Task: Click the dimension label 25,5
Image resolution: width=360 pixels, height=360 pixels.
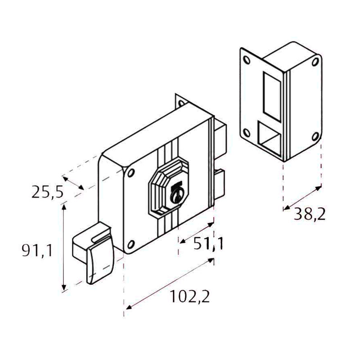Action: pyautogui.click(x=47, y=192)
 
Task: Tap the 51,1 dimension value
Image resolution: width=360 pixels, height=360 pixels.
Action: pyautogui.click(x=209, y=243)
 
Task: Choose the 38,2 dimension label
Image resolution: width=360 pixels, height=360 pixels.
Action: pyautogui.click(x=310, y=214)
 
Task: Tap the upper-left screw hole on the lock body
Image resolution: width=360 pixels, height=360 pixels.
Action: pyautogui.click(x=131, y=174)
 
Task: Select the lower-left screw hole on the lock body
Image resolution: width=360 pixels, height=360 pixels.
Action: pyautogui.click(x=131, y=244)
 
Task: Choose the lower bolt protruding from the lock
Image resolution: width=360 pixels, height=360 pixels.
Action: pyautogui.click(x=220, y=184)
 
